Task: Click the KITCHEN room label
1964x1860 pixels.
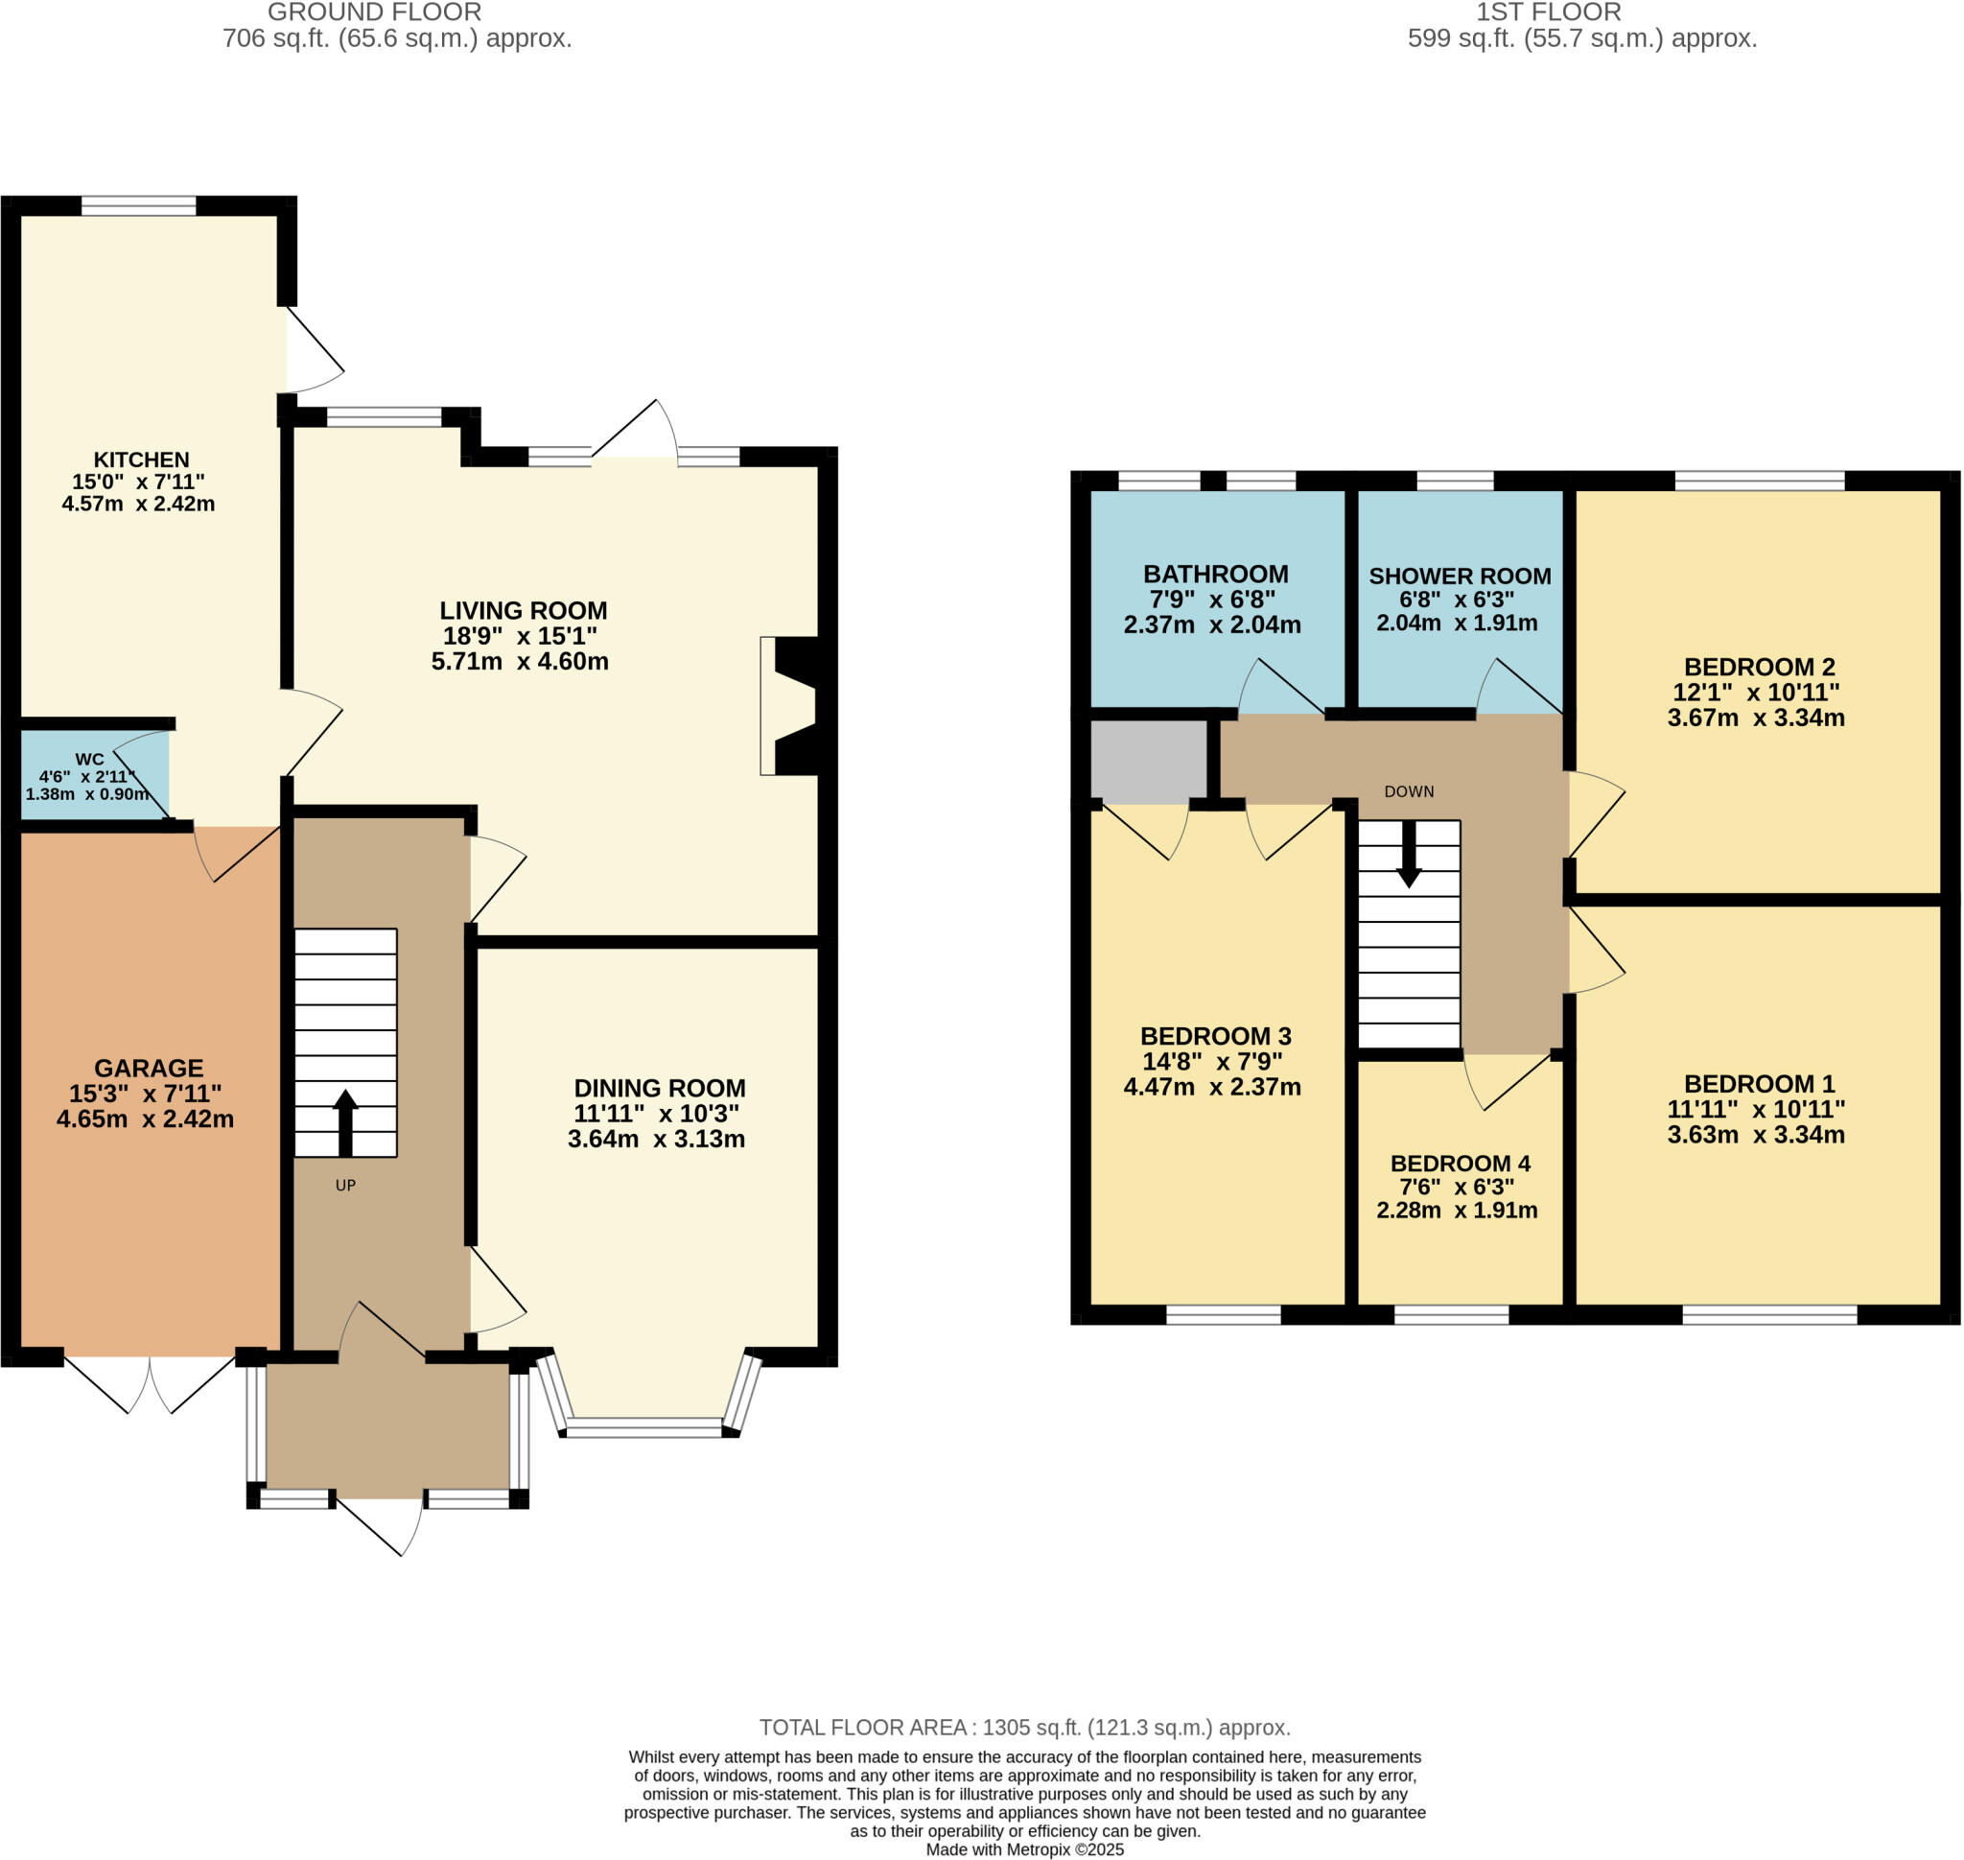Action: click(141, 459)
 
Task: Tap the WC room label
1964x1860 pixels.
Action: click(89, 759)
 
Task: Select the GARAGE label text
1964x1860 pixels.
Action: click(149, 1068)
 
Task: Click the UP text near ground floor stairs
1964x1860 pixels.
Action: click(345, 1185)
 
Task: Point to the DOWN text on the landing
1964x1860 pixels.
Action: click(1409, 791)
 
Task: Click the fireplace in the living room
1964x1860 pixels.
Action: click(793, 705)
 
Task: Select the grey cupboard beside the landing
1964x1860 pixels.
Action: click(1148, 761)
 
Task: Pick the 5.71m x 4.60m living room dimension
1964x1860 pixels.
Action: click(520, 661)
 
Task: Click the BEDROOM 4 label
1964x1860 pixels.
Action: click(1460, 1163)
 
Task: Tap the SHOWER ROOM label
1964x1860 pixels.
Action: click(1460, 577)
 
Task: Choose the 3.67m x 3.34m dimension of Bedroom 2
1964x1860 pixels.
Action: click(1756, 718)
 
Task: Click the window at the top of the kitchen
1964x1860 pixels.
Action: click(139, 205)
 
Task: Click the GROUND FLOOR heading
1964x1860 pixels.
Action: click(375, 12)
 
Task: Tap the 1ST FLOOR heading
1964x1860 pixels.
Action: click(1548, 12)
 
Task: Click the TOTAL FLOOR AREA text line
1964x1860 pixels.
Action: click(1024, 1727)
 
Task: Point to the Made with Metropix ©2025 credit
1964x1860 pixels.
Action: click(1024, 1849)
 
